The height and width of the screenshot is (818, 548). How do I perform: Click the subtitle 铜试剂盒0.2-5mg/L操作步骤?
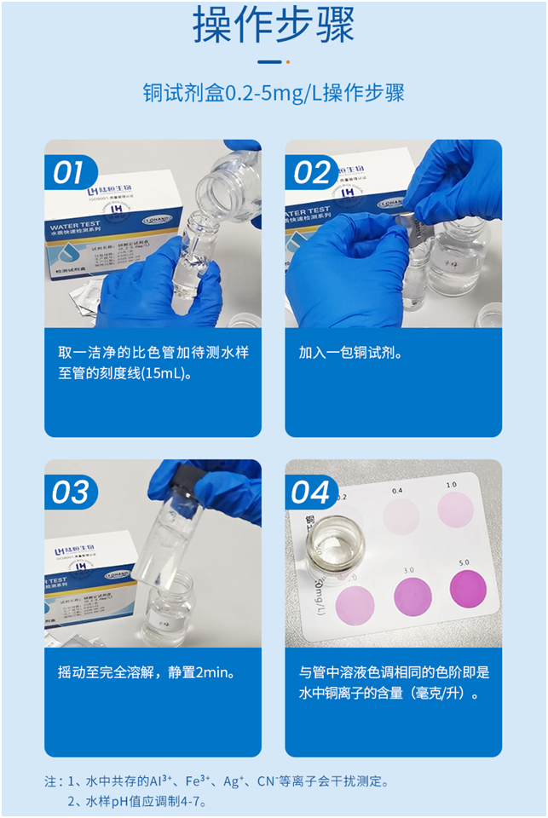[274, 93]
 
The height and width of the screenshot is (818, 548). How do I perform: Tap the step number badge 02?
[311, 173]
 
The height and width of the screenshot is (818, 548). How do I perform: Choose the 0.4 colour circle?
[401, 516]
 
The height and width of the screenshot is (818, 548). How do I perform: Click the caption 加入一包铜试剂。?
[349, 353]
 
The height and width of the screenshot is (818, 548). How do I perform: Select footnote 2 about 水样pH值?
[137, 801]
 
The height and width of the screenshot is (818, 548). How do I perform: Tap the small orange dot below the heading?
[288, 61]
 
